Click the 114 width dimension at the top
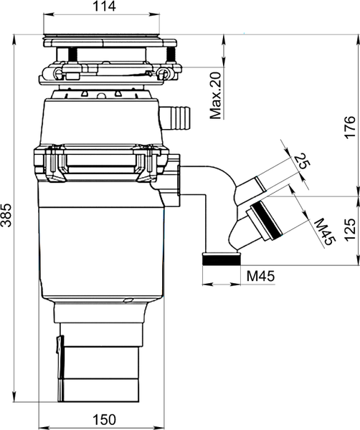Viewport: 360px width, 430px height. click(x=104, y=6)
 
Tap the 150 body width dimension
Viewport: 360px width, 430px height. click(x=104, y=419)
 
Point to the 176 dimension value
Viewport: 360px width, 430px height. click(x=350, y=128)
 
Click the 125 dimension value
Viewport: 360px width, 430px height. click(x=350, y=230)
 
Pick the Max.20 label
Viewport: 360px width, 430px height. click(x=216, y=95)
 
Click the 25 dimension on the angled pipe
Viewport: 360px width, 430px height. click(x=302, y=161)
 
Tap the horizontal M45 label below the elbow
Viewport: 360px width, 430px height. click(x=260, y=276)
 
